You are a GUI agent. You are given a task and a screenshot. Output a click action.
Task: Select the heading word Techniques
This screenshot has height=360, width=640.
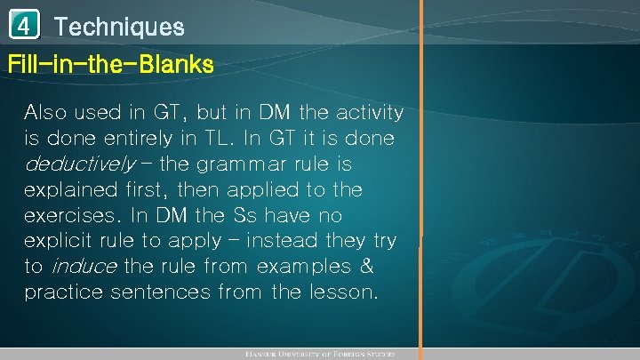(119, 27)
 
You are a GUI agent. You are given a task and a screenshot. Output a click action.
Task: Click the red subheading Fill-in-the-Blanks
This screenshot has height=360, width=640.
(110, 65)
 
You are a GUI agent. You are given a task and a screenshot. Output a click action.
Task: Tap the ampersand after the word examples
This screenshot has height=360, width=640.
(364, 267)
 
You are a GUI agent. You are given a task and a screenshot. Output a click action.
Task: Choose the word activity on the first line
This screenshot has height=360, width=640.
(368, 114)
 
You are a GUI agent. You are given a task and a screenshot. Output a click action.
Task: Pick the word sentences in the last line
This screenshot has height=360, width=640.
(163, 292)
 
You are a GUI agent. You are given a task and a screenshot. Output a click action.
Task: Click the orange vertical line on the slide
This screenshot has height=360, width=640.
(422, 178)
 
